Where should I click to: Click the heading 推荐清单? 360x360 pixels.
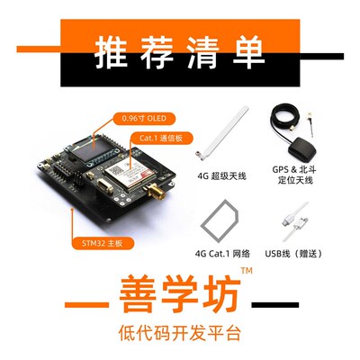click(x=180, y=51)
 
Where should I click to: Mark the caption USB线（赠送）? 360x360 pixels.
click(x=295, y=254)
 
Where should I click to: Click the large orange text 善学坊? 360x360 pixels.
click(x=180, y=298)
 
